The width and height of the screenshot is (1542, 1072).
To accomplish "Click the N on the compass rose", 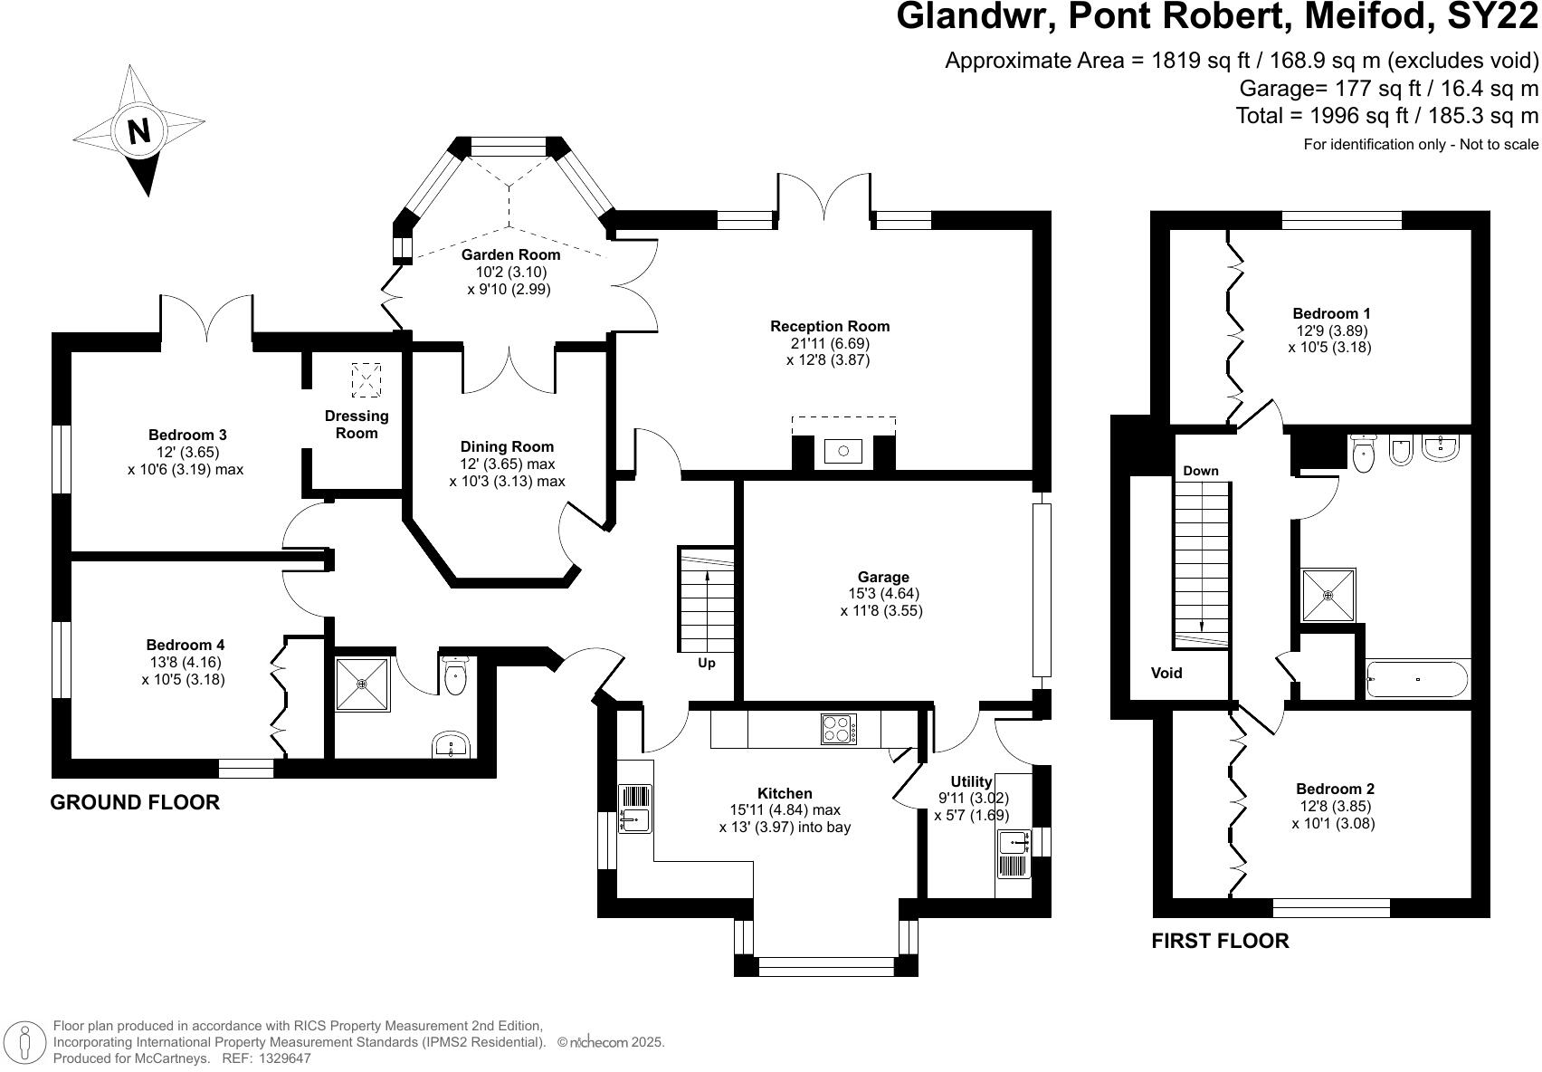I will (138, 132).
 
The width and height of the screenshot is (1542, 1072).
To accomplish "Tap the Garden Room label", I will (510, 255).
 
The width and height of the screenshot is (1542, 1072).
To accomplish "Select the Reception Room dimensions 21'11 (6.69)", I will (830, 343).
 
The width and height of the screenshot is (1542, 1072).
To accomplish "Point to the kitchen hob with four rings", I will (838, 728).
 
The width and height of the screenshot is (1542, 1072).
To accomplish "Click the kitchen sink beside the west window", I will (635, 808).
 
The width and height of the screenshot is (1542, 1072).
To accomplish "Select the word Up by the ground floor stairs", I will (707, 663).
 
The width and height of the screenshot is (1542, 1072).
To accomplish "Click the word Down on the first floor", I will (1200, 471).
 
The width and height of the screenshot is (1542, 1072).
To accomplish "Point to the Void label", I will (1166, 673).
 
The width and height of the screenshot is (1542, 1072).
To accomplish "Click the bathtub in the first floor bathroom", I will (1417, 679).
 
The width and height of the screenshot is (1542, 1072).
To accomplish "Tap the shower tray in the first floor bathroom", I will (1328, 595).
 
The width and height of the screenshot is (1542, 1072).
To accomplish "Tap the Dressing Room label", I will (357, 425).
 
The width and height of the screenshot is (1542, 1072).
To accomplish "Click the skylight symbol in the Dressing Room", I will (366, 380).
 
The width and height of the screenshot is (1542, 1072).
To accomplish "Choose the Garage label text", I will (883, 577).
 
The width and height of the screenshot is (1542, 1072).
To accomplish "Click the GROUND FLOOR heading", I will (135, 802).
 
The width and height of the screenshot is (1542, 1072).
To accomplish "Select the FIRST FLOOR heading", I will (1220, 941).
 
